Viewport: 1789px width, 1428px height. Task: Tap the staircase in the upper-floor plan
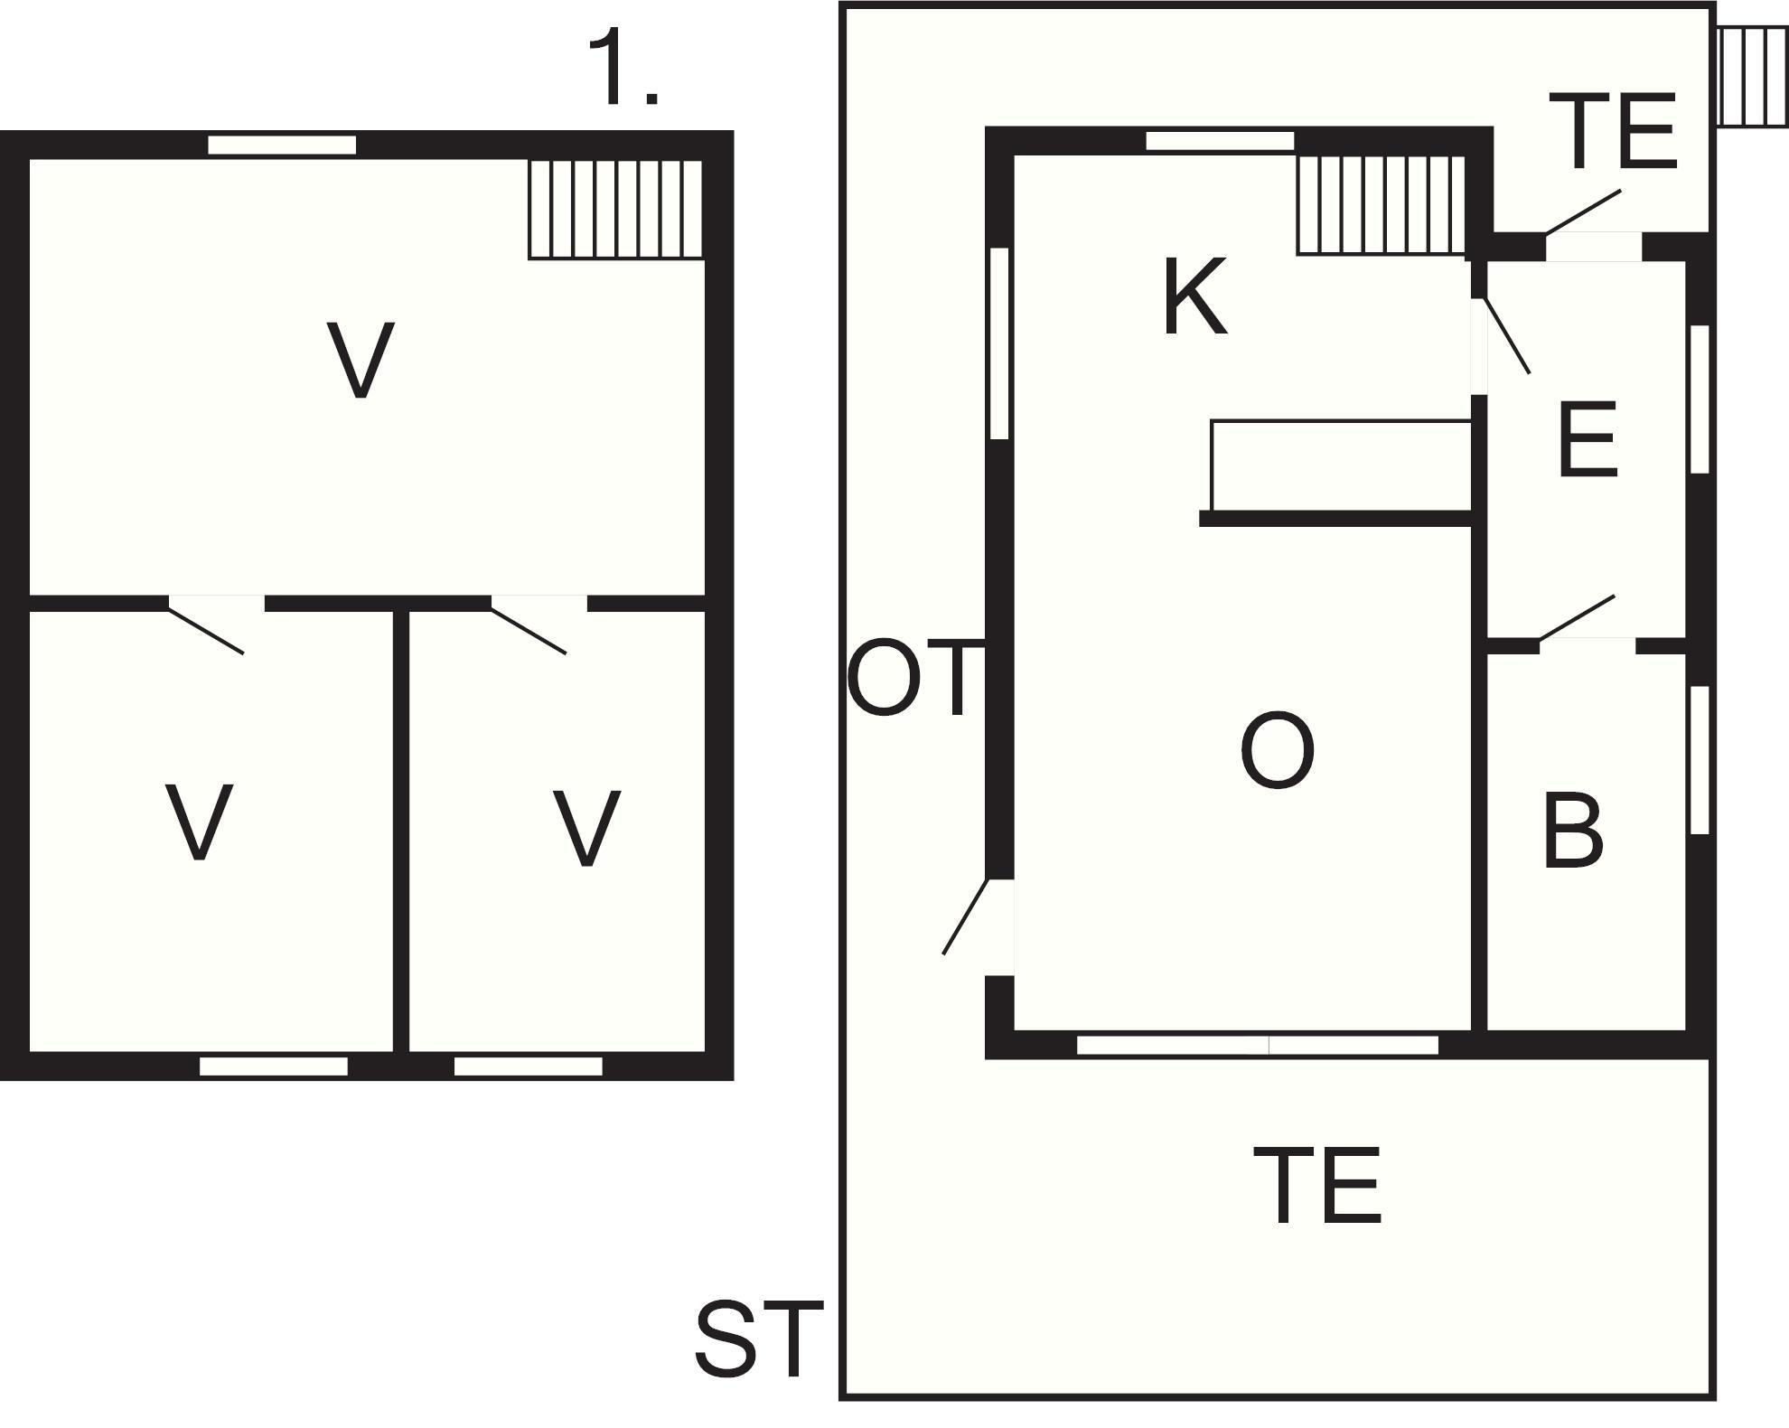coord(615,210)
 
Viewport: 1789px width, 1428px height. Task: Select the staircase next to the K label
coord(1381,205)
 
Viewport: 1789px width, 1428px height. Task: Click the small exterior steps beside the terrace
coord(1751,77)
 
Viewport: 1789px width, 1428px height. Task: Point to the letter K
coord(1194,297)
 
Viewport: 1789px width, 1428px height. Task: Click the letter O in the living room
coord(1277,751)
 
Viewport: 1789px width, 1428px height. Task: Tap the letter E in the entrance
coord(1588,440)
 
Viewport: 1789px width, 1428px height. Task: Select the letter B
coord(1573,831)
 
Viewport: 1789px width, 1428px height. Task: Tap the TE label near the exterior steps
coord(1613,133)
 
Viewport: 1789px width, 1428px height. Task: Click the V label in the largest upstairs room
coord(361,360)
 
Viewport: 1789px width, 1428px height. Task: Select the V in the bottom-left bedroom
coord(199,822)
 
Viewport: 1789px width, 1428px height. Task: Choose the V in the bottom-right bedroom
coord(587,828)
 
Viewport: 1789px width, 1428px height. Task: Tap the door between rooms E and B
coord(1578,618)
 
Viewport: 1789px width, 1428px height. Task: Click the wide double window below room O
coord(1257,1046)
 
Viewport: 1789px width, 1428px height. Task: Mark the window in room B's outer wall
coord(1700,760)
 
